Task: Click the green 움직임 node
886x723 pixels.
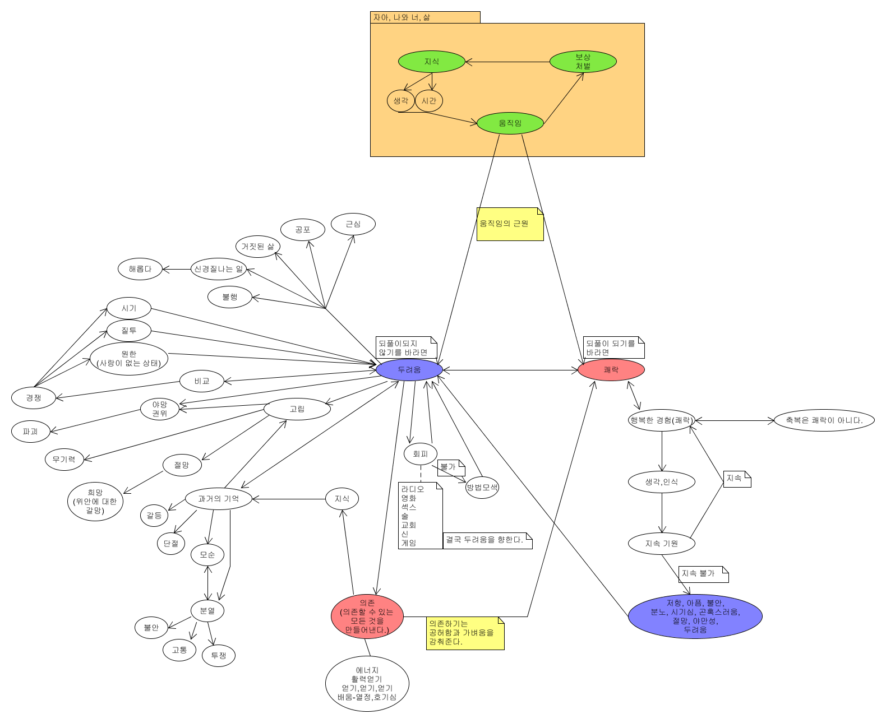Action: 510,123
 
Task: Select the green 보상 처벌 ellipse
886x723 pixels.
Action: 583,62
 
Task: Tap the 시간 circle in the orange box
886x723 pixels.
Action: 429,101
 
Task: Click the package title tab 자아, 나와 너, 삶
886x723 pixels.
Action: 424,17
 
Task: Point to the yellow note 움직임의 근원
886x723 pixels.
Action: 510,224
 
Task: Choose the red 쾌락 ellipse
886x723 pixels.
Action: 611,370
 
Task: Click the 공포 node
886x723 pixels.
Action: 302,230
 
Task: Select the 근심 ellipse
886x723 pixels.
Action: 353,224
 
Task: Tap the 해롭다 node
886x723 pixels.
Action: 140,269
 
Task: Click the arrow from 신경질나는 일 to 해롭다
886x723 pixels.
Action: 177,269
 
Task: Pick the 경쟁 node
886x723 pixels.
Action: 34,398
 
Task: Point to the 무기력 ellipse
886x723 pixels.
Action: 64,460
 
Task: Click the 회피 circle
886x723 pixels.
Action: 420,454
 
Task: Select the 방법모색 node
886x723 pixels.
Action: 482,488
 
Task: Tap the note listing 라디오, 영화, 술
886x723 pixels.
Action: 420,516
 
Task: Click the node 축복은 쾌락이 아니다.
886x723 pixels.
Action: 824,420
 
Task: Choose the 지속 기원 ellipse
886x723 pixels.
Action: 662,544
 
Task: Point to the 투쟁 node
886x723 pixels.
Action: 218,656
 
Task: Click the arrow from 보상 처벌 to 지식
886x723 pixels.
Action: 507,62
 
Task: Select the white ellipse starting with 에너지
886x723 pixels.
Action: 367,684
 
